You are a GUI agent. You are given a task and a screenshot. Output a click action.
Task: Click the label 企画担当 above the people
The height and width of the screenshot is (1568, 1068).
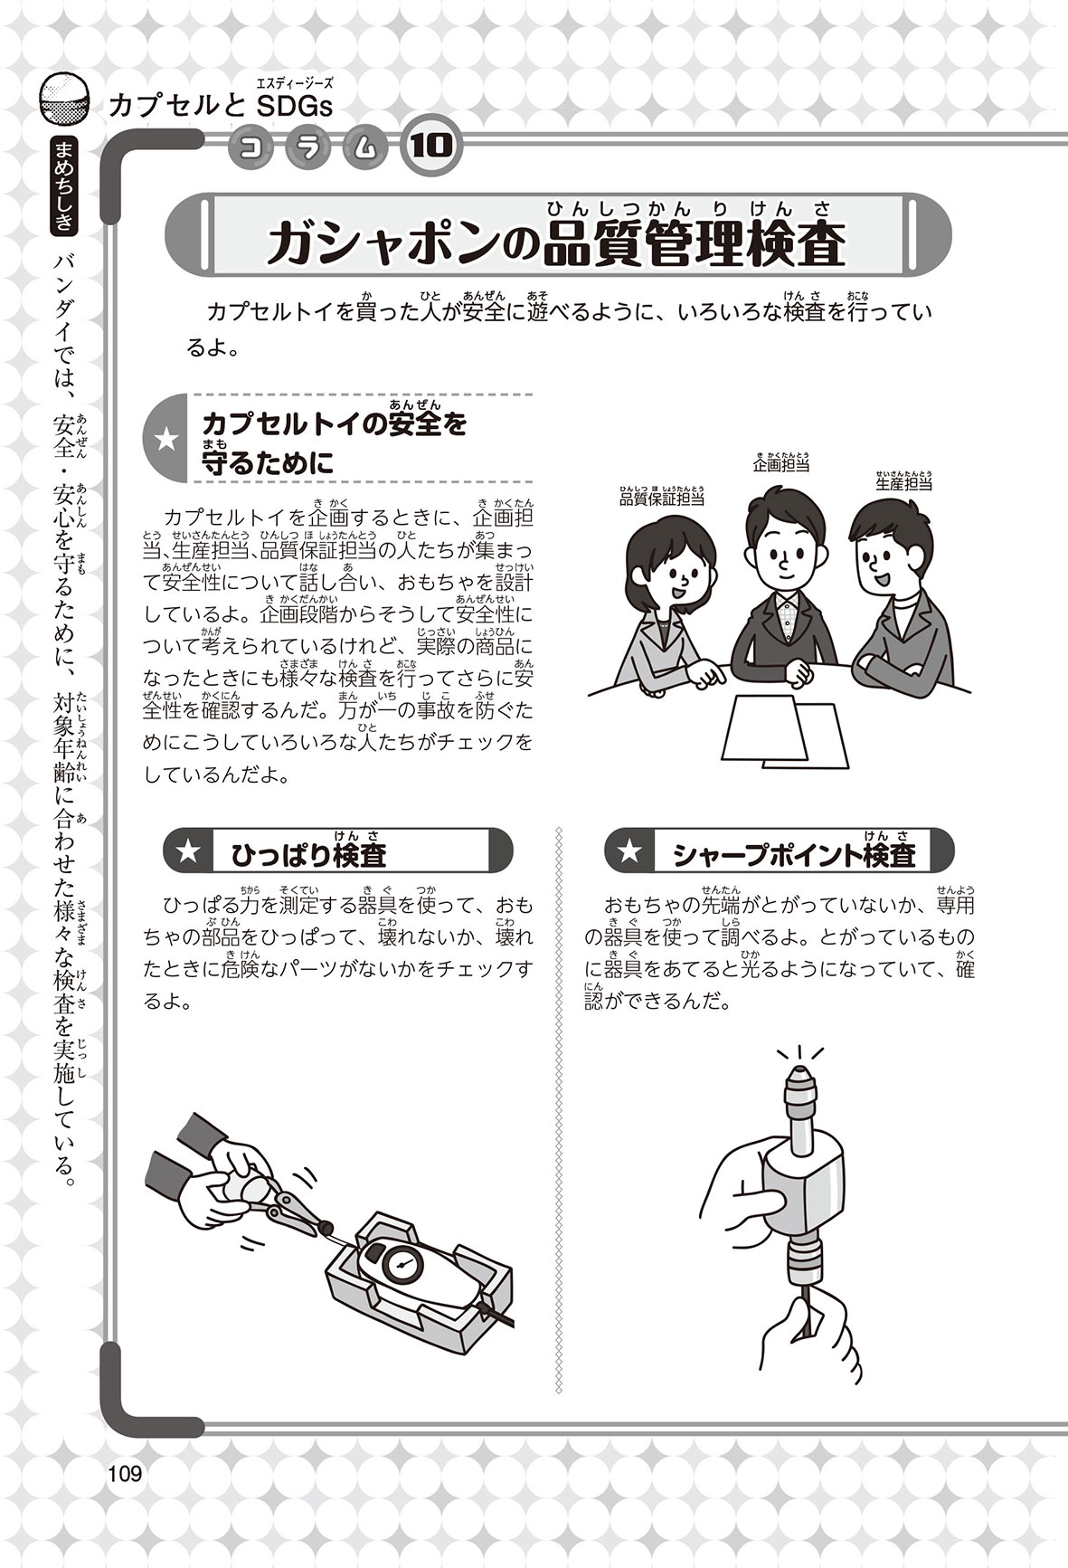(x=780, y=466)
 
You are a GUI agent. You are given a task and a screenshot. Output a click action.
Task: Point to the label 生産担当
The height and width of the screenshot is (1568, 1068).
(x=903, y=484)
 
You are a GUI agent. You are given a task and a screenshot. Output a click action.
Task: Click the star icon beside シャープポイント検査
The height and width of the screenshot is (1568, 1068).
(x=629, y=852)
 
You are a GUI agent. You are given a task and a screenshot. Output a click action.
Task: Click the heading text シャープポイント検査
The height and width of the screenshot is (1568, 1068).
(x=795, y=853)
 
